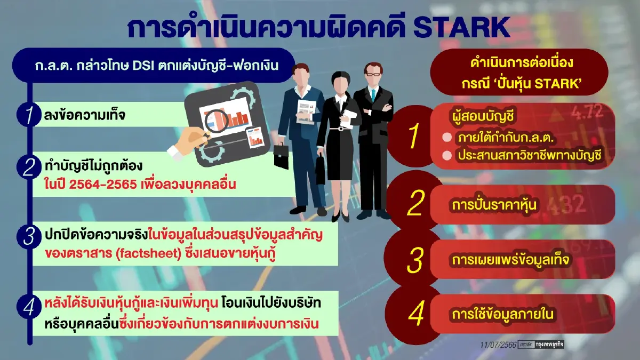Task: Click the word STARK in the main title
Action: point(461,27)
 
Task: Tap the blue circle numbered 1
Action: point(29,115)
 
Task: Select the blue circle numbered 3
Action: point(29,237)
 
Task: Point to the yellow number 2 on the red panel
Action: point(415,203)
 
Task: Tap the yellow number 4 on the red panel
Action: point(415,314)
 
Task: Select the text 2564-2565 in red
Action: point(103,185)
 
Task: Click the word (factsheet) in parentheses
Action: point(149,254)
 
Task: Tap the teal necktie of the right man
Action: point(373,95)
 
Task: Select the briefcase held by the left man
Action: point(281,156)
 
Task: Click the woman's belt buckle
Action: point(340,129)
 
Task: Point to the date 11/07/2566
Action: point(498,345)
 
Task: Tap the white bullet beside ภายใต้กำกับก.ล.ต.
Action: point(447,138)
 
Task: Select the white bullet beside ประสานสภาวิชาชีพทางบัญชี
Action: point(447,155)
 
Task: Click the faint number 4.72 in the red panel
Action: point(587,112)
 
